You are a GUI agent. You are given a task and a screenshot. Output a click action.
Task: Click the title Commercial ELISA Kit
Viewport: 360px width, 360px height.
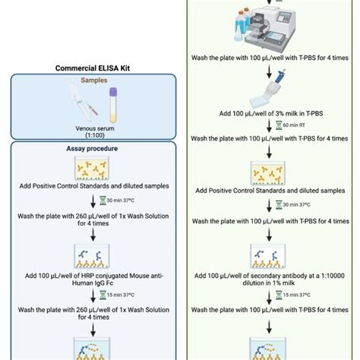[90, 68]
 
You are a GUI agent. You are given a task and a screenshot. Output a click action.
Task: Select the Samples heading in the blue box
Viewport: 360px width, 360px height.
[90, 80]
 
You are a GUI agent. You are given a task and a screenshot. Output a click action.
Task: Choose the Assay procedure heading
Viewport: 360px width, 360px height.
[90, 150]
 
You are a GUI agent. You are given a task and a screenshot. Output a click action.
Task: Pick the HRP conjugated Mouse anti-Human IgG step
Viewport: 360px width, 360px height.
[90, 278]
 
